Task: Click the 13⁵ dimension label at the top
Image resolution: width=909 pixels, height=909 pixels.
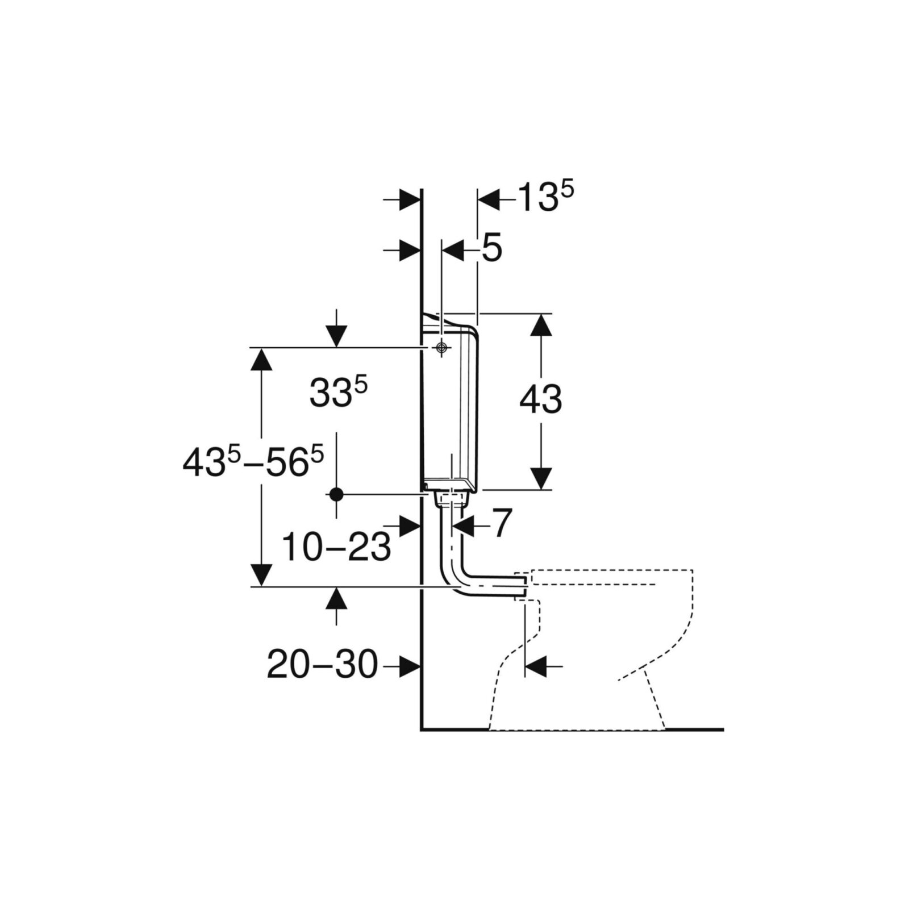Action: pos(546,198)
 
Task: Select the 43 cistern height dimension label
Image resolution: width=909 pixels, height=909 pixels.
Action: pos(541,399)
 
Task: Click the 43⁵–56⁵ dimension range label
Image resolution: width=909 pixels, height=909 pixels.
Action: pos(253,462)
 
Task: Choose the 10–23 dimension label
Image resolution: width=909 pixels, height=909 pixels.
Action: pos(336,547)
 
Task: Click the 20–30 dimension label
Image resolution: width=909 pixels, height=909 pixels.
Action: pos(322,664)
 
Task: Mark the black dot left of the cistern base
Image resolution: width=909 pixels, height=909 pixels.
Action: pos(336,494)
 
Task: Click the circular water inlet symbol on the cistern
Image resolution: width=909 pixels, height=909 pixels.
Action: pos(441,348)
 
